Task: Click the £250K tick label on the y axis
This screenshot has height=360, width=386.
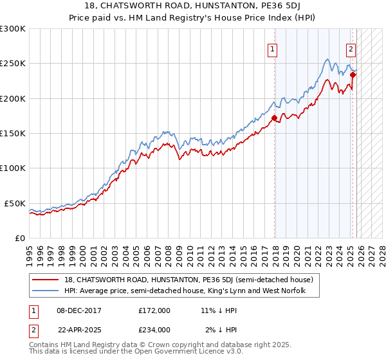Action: pos(13,64)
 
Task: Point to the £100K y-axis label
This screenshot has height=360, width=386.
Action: pos(13,168)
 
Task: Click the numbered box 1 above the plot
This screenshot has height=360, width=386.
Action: pos(272,49)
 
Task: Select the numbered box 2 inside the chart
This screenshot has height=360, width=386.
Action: pos(351,49)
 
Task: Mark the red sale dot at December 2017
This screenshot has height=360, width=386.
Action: pos(275,118)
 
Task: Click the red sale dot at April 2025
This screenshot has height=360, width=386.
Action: pos(353,75)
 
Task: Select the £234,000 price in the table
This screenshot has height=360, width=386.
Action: pos(154,329)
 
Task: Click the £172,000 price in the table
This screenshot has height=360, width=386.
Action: pos(154,310)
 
